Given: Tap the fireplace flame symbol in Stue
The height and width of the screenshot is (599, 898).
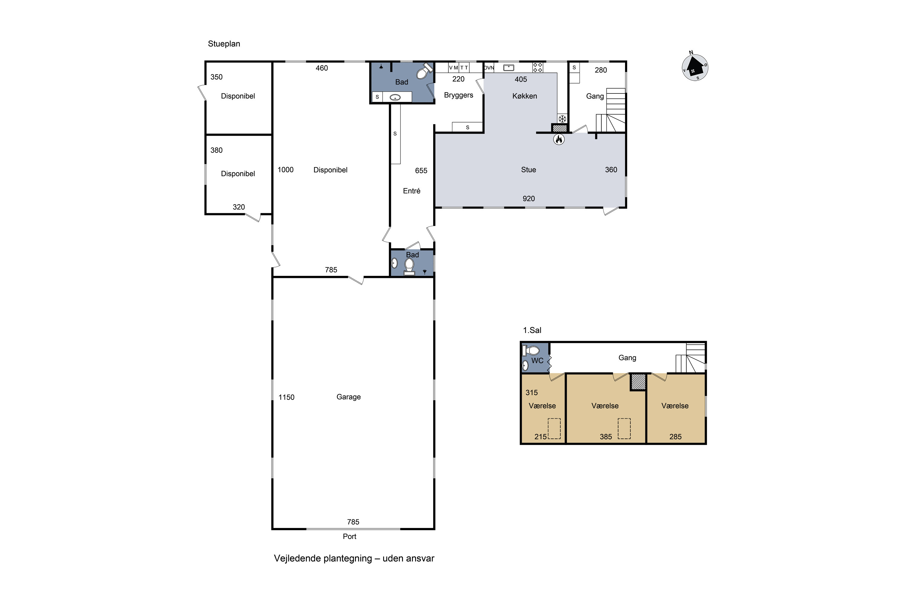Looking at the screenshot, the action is point(559,140).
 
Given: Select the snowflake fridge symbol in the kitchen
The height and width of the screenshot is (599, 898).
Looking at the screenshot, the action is point(562,118).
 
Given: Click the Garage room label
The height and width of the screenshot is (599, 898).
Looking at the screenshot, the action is point(349,397).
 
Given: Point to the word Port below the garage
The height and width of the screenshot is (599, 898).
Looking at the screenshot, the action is point(349,536).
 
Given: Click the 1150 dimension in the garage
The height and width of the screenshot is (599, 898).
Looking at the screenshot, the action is point(286,397).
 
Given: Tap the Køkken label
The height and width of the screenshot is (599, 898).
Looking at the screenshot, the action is point(525,96).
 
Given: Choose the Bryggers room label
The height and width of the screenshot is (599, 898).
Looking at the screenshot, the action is point(459,95).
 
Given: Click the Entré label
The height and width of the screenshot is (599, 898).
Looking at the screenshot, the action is point(412,191).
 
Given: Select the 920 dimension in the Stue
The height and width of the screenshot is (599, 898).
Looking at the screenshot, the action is point(529,199).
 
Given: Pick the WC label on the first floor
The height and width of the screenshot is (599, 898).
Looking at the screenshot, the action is point(537,361).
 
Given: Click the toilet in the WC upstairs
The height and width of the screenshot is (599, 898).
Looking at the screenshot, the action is point(531,350).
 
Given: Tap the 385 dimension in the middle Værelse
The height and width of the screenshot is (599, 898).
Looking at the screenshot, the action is point(606,437).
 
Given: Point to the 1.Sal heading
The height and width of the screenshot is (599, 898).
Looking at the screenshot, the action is point(532,330).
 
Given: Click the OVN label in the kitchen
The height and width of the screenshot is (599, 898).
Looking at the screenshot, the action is point(489,68).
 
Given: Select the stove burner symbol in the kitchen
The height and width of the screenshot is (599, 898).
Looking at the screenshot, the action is point(538,68).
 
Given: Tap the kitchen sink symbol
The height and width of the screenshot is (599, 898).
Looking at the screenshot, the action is point(509,68).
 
